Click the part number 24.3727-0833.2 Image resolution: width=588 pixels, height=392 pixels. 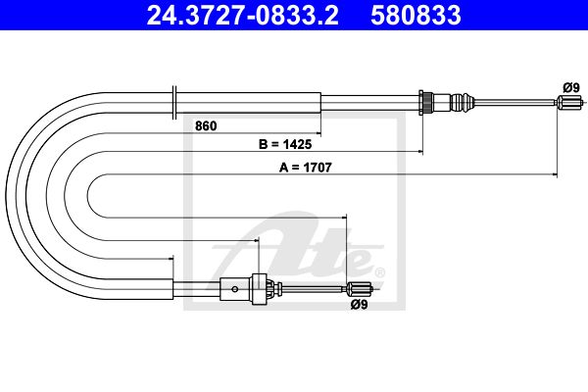(243, 15)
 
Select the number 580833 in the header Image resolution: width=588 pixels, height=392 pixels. (416, 15)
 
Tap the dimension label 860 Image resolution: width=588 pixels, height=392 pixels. (206, 126)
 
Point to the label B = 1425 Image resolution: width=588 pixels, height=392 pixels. (285, 144)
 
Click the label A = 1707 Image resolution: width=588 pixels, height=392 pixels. (305, 168)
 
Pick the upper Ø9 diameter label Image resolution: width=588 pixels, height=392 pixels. (571, 88)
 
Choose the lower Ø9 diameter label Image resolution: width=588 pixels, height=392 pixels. (359, 305)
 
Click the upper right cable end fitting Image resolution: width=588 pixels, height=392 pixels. (569, 101)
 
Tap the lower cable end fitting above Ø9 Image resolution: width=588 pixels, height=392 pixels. (360, 288)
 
